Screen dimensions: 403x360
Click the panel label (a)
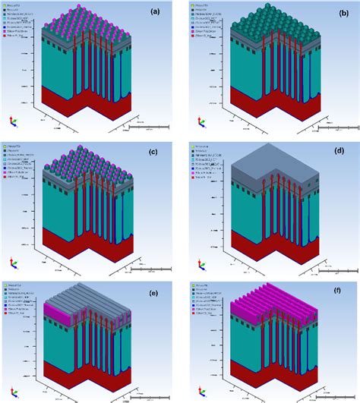click(155, 11)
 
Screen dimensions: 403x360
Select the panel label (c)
click(155, 152)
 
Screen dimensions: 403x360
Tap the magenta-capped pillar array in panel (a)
click(84, 23)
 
